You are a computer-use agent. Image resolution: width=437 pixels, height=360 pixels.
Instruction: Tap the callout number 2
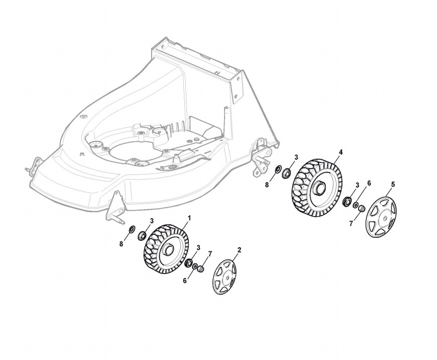[x=239, y=250]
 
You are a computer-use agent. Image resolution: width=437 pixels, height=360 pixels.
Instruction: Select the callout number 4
[x=341, y=152]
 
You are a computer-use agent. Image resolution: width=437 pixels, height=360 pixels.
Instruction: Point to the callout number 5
[x=393, y=184]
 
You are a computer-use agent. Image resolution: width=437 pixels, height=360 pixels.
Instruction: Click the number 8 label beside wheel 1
[x=121, y=244]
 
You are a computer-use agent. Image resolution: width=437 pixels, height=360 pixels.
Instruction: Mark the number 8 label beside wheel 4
[x=267, y=185]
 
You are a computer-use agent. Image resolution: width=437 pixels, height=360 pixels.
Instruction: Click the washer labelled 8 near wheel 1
[x=132, y=230]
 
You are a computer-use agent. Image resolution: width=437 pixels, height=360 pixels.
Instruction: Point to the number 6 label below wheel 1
[x=185, y=281]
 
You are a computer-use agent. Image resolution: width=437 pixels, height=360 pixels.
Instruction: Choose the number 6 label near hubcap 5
[x=369, y=184]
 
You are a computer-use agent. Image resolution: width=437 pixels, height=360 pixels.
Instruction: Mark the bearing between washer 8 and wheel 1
[x=142, y=234]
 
